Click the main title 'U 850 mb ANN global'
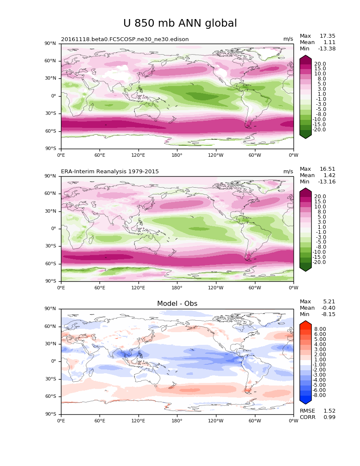click(180, 24)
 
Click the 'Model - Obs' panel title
click(177, 304)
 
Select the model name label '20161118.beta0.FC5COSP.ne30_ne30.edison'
click(125, 39)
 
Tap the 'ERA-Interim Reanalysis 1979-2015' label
click(110, 172)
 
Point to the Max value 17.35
click(327, 36)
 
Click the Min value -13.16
click(327, 182)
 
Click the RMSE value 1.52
click(329, 411)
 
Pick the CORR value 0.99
click(329, 417)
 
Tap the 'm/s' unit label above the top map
click(288, 39)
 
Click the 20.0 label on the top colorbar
click(320, 64)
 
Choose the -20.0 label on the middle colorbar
click(319, 263)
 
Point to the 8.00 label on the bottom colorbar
click(320, 329)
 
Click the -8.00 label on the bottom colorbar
click(319, 395)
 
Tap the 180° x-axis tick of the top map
click(177, 155)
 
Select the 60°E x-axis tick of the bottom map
click(100, 421)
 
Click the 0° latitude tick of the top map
click(54, 96)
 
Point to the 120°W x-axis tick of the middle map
click(216, 288)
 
